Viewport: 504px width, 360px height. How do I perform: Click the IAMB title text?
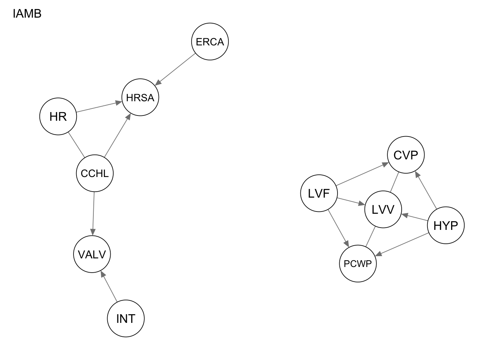(27, 14)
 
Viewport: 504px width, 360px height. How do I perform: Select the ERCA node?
(210, 42)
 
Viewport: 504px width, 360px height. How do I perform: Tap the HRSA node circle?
(140, 97)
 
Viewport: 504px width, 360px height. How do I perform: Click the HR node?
(58, 117)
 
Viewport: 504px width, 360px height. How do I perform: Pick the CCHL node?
(94, 173)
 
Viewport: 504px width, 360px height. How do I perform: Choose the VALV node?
(92, 254)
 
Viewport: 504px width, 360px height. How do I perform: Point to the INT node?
(126, 318)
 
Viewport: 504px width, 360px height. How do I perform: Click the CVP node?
(406, 155)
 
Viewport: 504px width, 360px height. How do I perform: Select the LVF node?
(319, 193)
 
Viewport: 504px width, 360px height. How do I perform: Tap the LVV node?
(383, 209)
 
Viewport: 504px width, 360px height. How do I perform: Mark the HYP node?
(445, 225)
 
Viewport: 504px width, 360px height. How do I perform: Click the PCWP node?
(358, 264)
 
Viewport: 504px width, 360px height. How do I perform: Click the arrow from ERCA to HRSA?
(175, 69)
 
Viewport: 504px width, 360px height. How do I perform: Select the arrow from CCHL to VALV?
(93, 214)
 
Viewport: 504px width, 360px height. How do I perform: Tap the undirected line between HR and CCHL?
(76, 145)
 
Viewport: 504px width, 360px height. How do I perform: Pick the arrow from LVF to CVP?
(362, 174)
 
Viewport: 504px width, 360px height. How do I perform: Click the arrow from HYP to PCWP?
(402, 244)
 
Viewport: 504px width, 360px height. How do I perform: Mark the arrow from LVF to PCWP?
(339, 229)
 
